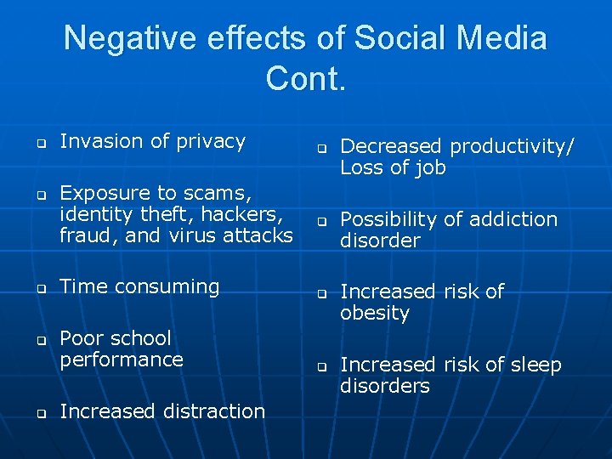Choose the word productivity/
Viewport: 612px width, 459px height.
[512, 147]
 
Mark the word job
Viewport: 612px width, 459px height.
[429, 168]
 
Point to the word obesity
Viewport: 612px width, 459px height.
[375, 313]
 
